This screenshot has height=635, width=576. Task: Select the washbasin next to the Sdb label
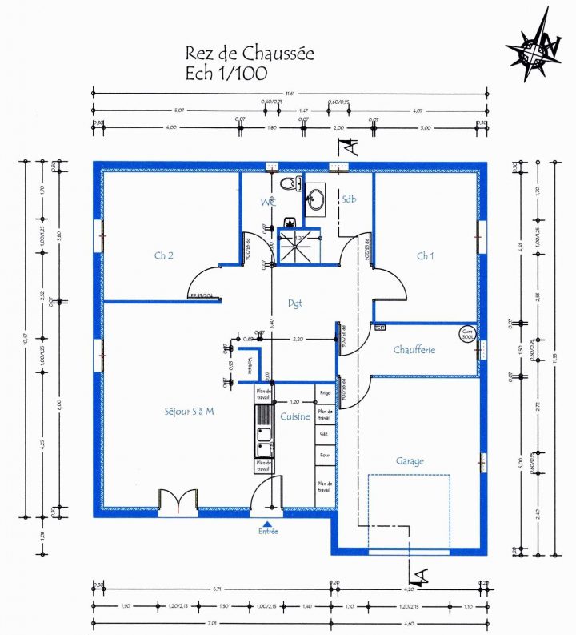pyautogui.click(x=316, y=199)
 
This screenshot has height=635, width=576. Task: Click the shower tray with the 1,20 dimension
pyautogui.click(x=298, y=248)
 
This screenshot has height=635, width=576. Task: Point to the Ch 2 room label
pyautogui.click(x=165, y=255)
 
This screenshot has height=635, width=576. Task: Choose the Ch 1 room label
pyautogui.click(x=425, y=255)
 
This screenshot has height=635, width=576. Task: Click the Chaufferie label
pyautogui.click(x=414, y=350)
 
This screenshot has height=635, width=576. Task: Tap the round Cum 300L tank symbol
pyautogui.click(x=467, y=335)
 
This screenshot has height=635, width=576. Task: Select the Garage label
pyautogui.click(x=410, y=461)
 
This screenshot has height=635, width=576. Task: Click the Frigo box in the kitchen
pyautogui.click(x=325, y=394)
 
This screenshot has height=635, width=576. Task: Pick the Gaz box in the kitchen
pyautogui.click(x=325, y=432)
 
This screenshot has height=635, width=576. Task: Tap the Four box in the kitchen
pyautogui.click(x=325, y=455)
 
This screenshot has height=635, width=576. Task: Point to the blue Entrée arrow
pyautogui.click(x=266, y=523)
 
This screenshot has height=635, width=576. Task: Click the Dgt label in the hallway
pyautogui.click(x=294, y=303)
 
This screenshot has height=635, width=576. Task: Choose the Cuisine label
pyautogui.click(x=295, y=416)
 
